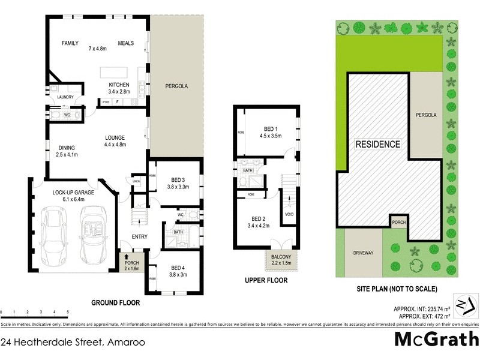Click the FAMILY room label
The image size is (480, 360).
pyautogui.click(x=70, y=43)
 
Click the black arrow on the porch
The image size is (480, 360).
pyautogui.click(x=127, y=256)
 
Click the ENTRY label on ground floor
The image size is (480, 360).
pyautogui.click(x=139, y=236)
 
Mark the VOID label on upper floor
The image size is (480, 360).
pyautogui.click(x=289, y=214)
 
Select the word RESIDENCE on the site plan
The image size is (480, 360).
pyautogui.click(x=378, y=145)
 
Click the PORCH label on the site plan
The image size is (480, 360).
pyautogui.click(x=399, y=221)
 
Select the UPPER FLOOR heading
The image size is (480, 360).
pyautogui.click(x=266, y=280)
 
